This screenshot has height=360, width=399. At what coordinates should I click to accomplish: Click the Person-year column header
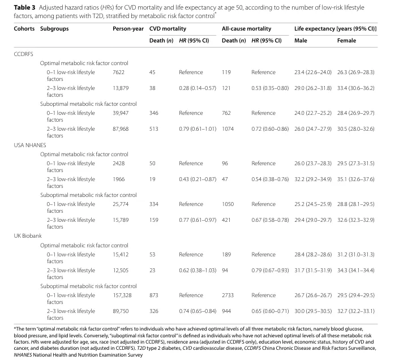pyautogui.click(x=128, y=29)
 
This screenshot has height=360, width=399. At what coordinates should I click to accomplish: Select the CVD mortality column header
pyautogui.click(x=168, y=29)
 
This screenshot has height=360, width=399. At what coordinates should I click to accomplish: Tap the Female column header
pyautogui.click(x=346, y=40)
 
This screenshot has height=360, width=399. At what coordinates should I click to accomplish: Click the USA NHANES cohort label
pyautogui.click(x=30, y=145)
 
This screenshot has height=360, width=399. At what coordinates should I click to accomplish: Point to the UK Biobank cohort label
pyautogui.click(x=28, y=236)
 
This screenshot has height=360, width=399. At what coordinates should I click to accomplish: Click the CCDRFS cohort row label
pyautogui.click(x=23, y=54)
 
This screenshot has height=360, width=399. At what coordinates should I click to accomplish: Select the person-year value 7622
pyautogui.click(x=119, y=72)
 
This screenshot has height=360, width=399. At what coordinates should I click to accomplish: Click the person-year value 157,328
pyautogui.click(x=122, y=295)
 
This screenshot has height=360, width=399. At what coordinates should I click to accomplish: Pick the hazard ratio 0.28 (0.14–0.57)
pyautogui.click(x=198, y=88)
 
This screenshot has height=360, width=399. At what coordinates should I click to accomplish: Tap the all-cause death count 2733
pyautogui.click(x=228, y=295)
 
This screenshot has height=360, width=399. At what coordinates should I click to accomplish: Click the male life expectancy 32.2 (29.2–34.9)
pyautogui.click(x=313, y=179)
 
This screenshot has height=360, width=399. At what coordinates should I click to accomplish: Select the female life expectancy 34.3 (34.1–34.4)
pyautogui.click(x=356, y=270)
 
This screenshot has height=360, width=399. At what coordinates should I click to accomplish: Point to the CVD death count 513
pyautogui.click(x=154, y=128)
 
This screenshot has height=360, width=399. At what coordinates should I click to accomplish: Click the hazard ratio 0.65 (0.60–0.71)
pyautogui.click(x=270, y=311)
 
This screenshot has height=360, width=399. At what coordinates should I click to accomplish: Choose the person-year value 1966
pyautogui.click(x=119, y=179)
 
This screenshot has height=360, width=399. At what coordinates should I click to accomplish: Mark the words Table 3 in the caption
pyautogui.click(x=24, y=7)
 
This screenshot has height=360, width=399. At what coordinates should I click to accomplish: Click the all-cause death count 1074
pyautogui.click(x=228, y=128)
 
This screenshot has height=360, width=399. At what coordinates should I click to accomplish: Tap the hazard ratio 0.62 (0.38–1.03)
pyautogui.click(x=198, y=270)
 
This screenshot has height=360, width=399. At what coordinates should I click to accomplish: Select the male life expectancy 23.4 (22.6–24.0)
pyautogui.click(x=313, y=72)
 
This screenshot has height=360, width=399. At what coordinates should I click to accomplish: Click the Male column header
pyautogui.click(x=301, y=40)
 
